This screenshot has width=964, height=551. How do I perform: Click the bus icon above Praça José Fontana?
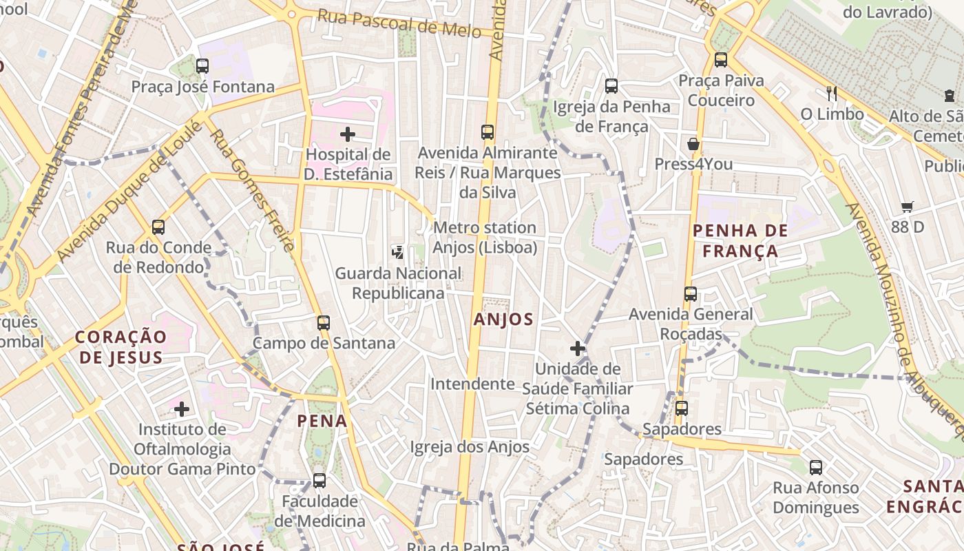coord(202,66)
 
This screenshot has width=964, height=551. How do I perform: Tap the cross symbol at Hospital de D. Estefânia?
coord(348,134)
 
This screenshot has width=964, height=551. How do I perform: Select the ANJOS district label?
coord(503,319)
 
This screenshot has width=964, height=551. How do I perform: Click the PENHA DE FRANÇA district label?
coord(740,240)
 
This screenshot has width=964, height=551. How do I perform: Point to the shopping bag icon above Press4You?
coord(693,144)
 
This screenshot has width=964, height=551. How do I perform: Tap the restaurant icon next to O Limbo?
coord(832,94)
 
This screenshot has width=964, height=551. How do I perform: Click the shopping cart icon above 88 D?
coord(908,207)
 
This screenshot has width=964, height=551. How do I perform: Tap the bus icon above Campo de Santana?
coord(324,322)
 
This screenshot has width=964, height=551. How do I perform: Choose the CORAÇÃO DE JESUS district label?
coord(121,347)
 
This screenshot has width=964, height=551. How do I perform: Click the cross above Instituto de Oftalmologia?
coord(182,409)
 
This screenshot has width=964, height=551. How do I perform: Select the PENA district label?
coord(322,420)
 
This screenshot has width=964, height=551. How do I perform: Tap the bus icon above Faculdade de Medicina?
coord(319,481)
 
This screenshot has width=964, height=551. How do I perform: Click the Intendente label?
coord(472,384)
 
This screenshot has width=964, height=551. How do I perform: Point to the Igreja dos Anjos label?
coord(470,447)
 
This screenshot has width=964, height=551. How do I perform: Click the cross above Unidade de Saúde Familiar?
coord(578,349)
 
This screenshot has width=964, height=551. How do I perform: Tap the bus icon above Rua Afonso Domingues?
coord(816,468)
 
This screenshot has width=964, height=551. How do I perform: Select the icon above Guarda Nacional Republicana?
coord(397,253)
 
